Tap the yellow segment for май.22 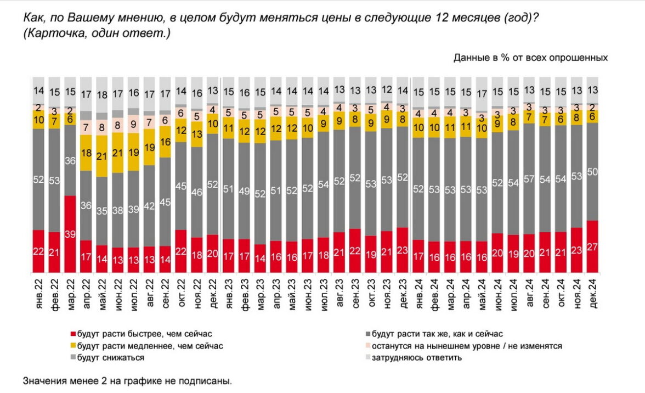point(101,156)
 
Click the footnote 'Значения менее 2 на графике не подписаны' point(127,380)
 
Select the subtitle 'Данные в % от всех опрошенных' point(530,58)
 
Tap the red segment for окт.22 point(181,251)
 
